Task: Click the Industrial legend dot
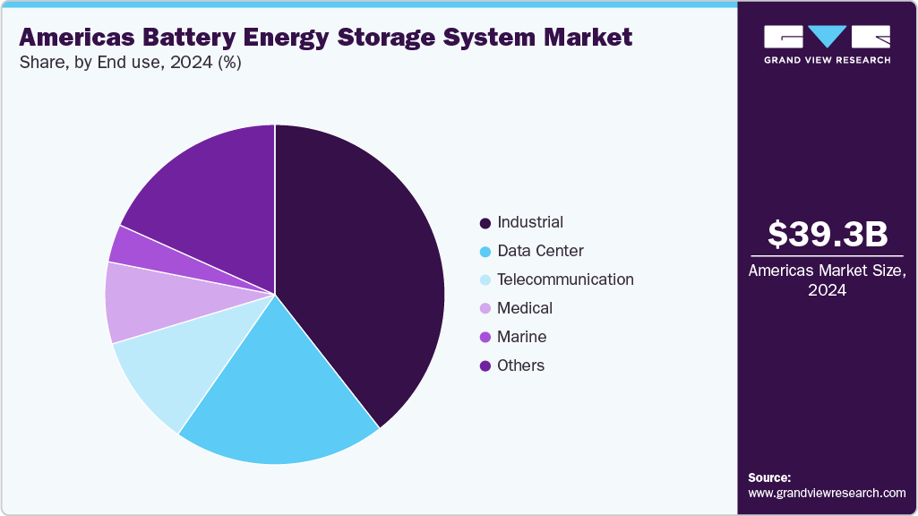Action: (485, 222)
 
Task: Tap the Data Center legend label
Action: (540, 251)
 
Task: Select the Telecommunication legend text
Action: (565, 279)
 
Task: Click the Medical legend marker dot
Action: (485, 308)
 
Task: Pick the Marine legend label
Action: (521, 337)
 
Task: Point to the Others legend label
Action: (520, 365)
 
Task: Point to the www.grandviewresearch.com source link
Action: (827, 493)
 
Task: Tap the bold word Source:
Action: (769, 477)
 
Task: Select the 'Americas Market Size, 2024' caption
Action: (828, 280)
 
